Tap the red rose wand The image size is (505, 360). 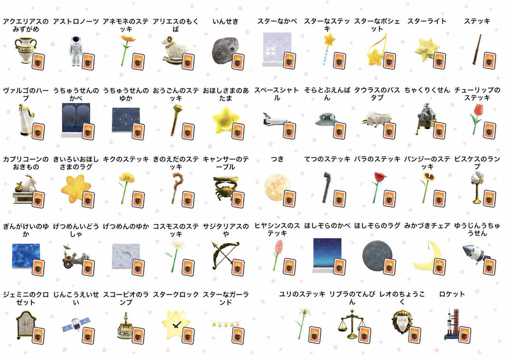[378, 187]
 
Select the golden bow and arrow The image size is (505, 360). [225, 254]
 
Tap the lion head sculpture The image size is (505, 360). [402, 322]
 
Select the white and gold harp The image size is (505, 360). [26, 119]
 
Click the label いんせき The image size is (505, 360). [226, 21]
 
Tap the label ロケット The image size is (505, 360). [452, 294]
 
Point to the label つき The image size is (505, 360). [277, 159]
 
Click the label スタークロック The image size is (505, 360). [175, 294]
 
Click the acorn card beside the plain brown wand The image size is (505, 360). [489, 61]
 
